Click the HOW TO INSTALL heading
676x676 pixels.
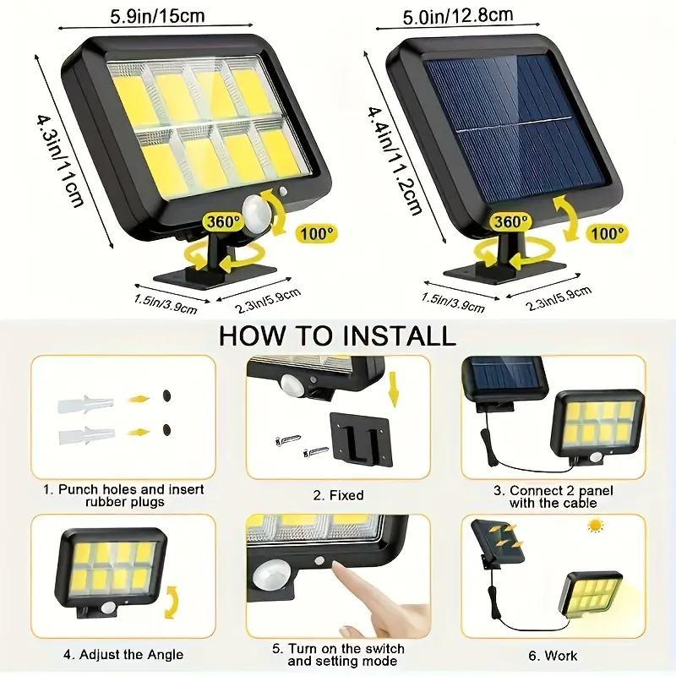click(337, 335)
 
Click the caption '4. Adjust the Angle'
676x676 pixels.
click(123, 655)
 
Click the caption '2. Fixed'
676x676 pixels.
click(338, 495)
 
